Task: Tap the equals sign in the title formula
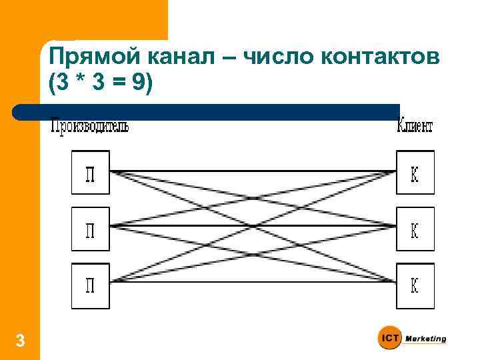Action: pyautogui.click(x=117, y=84)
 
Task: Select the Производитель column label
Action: pyautogui.click(x=90, y=126)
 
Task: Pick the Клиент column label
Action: pyautogui.click(x=415, y=126)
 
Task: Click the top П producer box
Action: pyautogui.click(x=90, y=172)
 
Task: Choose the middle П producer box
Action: pyautogui.click(x=90, y=229)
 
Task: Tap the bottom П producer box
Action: pyautogui.click(x=90, y=285)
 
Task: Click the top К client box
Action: pyautogui.click(x=415, y=172)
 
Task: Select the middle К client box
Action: pyautogui.click(x=415, y=229)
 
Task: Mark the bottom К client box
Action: pyautogui.click(x=415, y=285)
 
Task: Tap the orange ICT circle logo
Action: pyautogui.click(x=390, y=339)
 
